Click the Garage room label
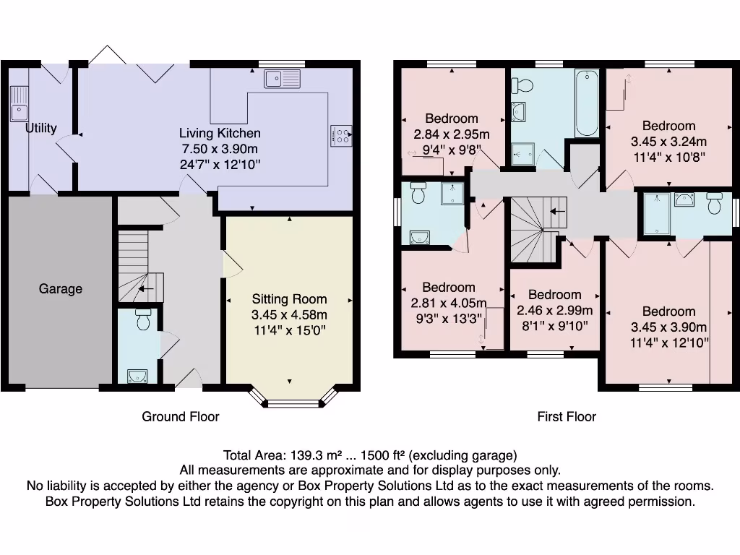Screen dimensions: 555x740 click(x=61, y=289)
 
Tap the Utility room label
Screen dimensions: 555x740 click(x=41, y=129)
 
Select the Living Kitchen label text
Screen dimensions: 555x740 click(x=220, y=133)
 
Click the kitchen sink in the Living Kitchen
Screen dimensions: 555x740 click(x=282, y=78)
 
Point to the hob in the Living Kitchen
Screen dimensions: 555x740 click(x=341, y=136)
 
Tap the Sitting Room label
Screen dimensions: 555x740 click(x=289, y=299)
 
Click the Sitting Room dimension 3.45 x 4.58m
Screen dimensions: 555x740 click(x=289, y=315)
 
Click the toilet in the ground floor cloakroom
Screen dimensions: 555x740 click(x=143, y=320)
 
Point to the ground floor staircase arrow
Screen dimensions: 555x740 click(x=146, y=289)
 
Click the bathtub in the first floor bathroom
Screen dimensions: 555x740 click(x=587, y=103)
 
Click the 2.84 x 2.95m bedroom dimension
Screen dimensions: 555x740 click(x=452, y=134)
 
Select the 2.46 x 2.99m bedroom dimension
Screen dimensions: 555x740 click(x=554, y=311)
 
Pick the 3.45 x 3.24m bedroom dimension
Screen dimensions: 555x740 click(x=668, y=142)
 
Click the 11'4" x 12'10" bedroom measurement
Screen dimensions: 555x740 click(x=668, y=343)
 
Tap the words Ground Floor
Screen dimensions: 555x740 click(x=180, y=416)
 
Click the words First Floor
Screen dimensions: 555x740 click(x=567, y=416)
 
